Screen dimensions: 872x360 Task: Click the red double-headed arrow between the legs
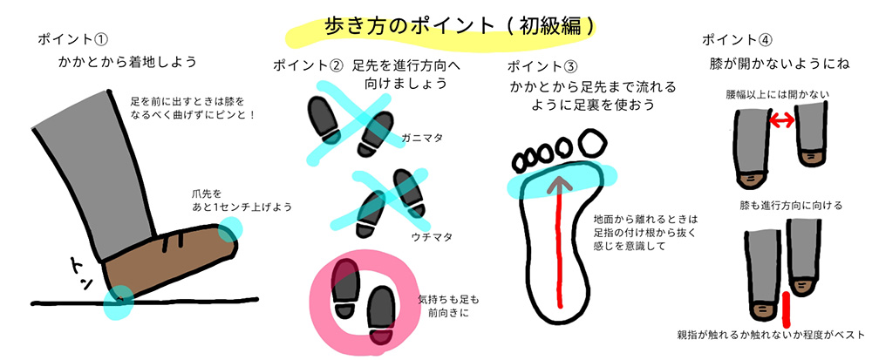pyautogui.click(x=782, y=119)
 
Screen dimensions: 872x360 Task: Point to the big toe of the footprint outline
pyautogui.click(x=593, y=142)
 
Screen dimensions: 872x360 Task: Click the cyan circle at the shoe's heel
pyautogui.click(x=119, y=302)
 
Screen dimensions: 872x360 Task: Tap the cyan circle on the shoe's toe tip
pyautogui.click(x=229, y=230)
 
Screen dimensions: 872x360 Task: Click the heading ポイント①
pyautogui.click(x=72, y=39)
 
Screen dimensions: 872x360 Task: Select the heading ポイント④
pyautogui.click(x=737, y=40)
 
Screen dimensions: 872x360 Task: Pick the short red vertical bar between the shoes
pyautogui.click(x=786, y=309)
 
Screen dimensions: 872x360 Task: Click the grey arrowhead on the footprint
pyautogui.click(x=560, y=184)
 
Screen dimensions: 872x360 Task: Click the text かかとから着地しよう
pyautogui.click(x=128, y=62)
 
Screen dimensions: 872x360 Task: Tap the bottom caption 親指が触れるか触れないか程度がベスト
pyautogui.click(x=771, y=335)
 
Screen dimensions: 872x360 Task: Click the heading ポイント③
pyautogui.click(x=542, y=66)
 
